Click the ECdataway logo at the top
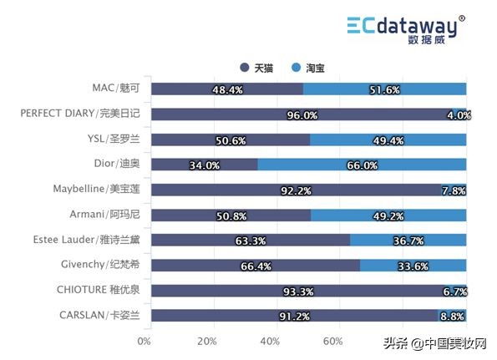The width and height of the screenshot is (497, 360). tap(406, 28)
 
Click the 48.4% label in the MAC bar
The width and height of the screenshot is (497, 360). tap(228, 89)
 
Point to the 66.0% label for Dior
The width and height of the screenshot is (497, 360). tap(362, 165)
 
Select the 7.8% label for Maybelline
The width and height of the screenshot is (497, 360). tap(454, 190)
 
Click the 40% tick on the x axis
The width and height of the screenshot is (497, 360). tap(271, 341)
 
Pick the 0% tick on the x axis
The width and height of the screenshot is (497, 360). tap(145, 341)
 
